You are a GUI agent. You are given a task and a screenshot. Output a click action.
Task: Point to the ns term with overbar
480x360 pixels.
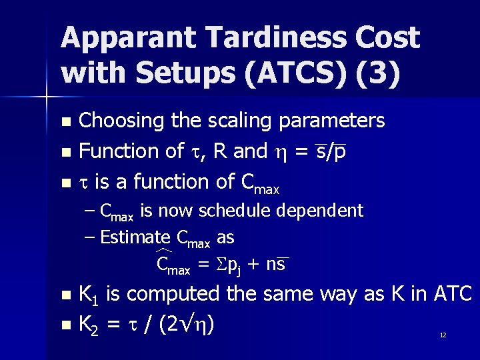click(x=275, y=265)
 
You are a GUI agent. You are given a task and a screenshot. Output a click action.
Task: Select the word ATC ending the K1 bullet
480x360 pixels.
click(x=453, y=293)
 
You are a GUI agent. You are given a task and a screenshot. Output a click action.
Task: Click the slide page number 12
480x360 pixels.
click(x=443, y=335)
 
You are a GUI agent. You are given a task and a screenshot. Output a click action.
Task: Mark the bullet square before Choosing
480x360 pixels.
click(x=65, y=122)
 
